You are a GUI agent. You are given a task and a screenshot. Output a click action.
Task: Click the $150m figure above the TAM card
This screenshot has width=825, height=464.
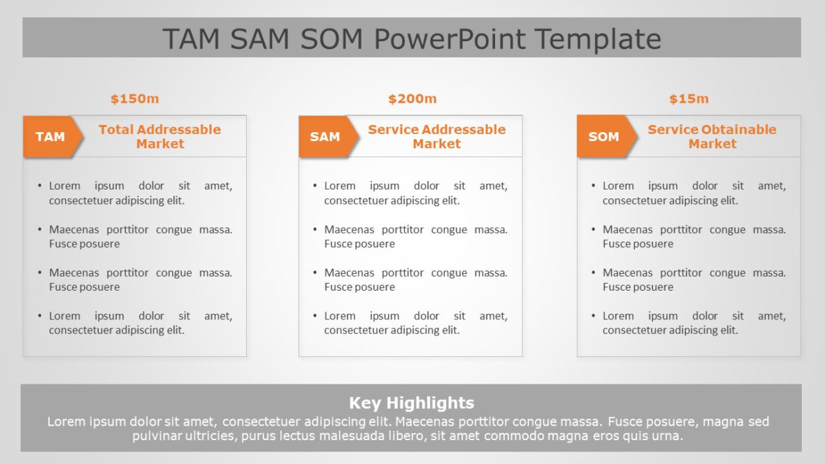click(135, 99)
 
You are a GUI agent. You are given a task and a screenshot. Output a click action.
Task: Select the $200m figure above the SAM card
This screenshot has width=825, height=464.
click(412, 99)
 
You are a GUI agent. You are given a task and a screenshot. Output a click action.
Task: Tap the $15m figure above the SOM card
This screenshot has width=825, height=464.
click(689, 99)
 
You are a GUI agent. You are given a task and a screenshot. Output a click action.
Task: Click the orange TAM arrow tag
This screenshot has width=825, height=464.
click(52, 137)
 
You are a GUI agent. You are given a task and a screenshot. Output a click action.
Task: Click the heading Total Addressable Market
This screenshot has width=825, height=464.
click(160, 137)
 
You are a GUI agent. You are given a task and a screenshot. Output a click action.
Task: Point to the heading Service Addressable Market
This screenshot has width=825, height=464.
click(437, 137)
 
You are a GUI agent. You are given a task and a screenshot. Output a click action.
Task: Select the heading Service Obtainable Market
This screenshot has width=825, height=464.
click(712, 137)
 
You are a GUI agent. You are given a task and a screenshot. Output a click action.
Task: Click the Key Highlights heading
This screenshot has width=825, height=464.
click(411, 403)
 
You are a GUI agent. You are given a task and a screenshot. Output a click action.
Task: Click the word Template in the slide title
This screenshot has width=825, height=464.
click(598, 39)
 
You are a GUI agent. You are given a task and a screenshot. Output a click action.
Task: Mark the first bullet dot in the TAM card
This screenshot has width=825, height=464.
click(39, 186)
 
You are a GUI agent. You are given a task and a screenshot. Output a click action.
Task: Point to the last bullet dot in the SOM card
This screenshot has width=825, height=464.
click(593, 316)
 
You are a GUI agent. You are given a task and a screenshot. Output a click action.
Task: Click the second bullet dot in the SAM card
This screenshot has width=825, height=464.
click(315, 229)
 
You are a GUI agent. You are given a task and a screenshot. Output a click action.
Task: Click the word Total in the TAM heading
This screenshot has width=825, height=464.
click(113, 129)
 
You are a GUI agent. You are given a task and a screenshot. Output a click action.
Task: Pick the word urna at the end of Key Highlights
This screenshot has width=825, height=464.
click(666, 436)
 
